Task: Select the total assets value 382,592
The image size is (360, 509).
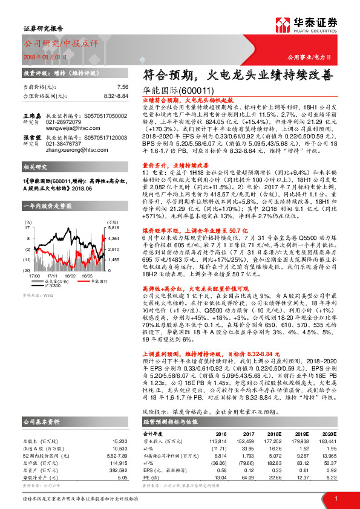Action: point(119,453)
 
